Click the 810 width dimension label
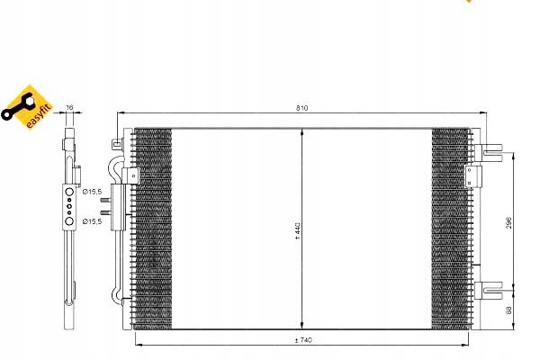click(x=302, y=109)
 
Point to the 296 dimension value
click(x=508, y=222)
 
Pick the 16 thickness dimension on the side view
click(x=70, y=108)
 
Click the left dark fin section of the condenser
click(x=152, y=229)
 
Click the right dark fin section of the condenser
click(x=451, y=229)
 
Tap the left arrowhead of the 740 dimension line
click(x=137, y=345)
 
